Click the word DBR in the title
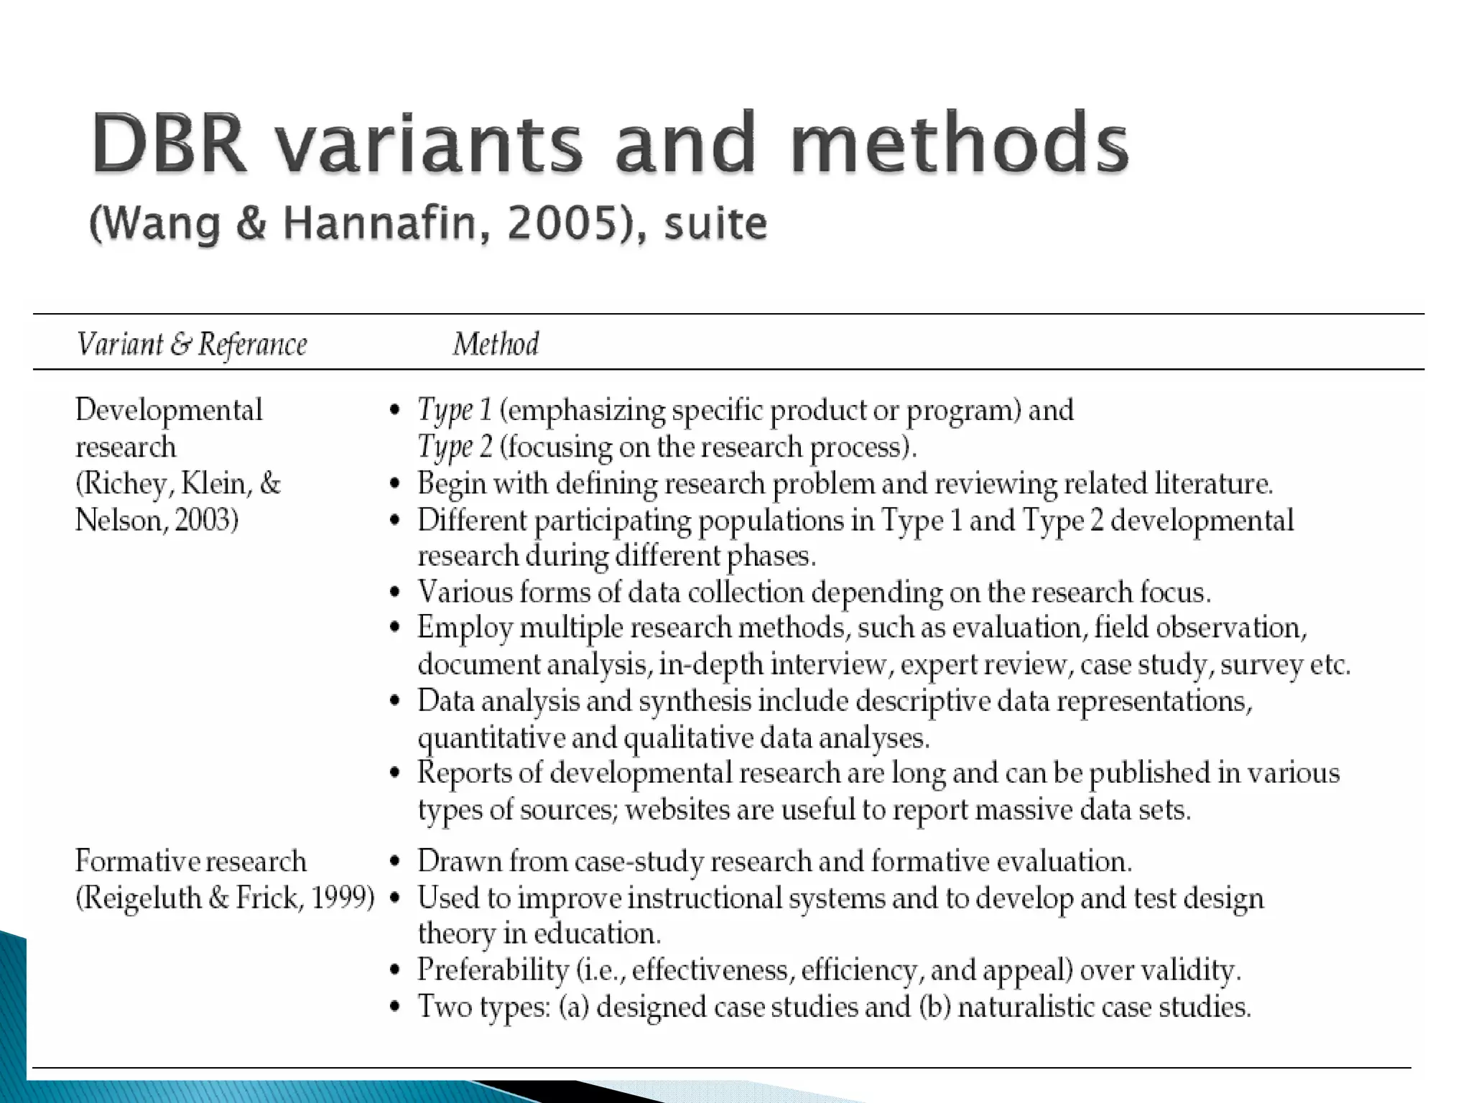point(170,143)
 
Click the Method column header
point(496,344)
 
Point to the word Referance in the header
point(253,344)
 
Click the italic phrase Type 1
point(455,410)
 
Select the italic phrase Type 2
point(455,447)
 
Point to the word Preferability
point(493,970)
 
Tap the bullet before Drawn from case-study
point(394,862)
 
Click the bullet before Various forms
point(394,593)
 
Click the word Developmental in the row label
point(169,410)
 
